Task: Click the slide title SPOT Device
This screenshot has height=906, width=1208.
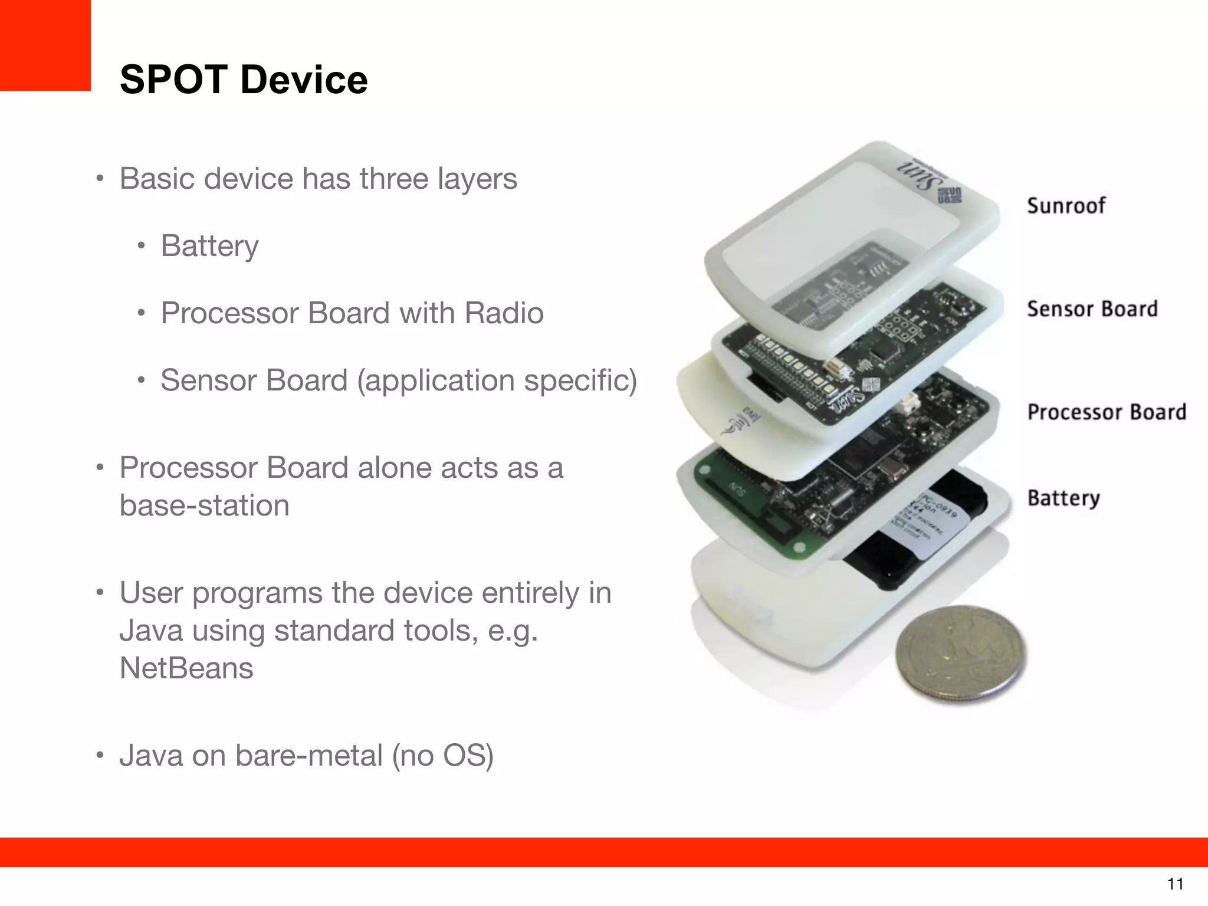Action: point(244,80)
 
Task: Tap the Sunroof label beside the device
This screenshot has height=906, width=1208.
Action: point(1066,206)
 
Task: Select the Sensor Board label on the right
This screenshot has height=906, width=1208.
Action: point(1092,309)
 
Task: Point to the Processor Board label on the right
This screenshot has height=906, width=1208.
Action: point(1107,412)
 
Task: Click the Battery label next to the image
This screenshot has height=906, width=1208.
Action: point(1063,498)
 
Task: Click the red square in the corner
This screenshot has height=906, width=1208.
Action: point(45,45)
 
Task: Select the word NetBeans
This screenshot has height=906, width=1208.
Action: point(186,668)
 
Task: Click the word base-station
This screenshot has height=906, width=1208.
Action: point(204,505)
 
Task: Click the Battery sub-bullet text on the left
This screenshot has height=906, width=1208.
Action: point(209,246)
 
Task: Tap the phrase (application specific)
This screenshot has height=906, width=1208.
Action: point(497,380)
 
